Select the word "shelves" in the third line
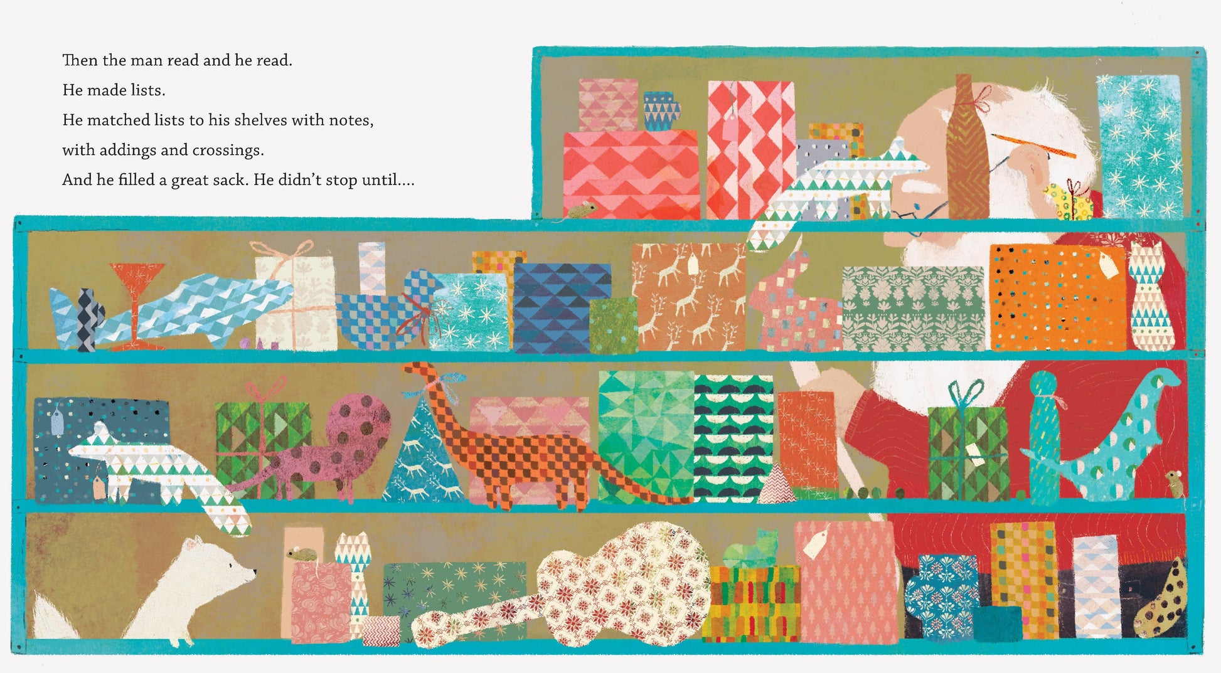(x=262, y=120)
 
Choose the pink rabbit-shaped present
(x=794, y=307)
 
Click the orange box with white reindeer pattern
(x=689, y=296)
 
